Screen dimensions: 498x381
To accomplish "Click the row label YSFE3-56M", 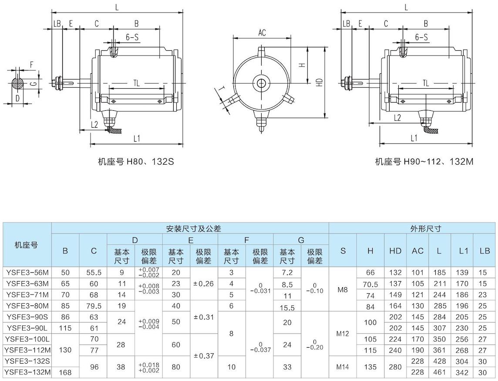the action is coord(27,272).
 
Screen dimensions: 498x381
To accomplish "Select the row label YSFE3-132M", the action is coord(27,372).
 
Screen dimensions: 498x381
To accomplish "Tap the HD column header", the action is coord(395,251).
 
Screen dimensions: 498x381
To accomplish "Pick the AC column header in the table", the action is coord(417,251).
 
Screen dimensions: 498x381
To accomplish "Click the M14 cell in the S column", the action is coord(342,367).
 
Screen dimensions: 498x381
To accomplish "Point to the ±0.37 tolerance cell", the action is coord(204,356).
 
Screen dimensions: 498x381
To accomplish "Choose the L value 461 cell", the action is coord(440,372).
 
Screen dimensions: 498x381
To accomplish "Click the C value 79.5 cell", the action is coord(94,306).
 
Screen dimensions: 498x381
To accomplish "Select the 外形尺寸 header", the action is coord(426,228).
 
